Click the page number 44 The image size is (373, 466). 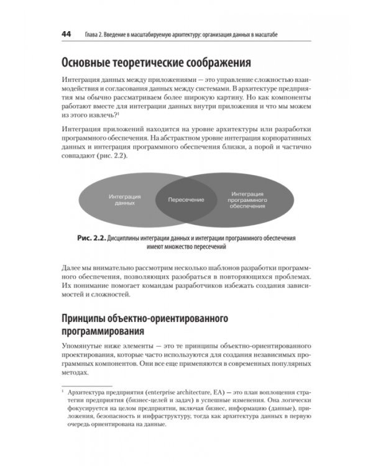67,35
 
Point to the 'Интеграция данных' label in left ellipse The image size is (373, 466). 125,199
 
